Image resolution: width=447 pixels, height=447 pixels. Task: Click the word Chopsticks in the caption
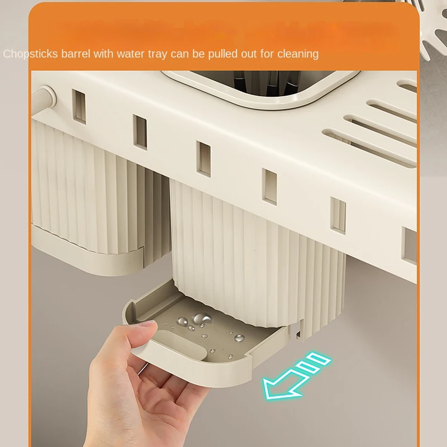[x=31, y=54]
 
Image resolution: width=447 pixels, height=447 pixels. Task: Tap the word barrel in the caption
[x=76, y=54]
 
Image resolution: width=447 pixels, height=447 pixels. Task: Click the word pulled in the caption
[x=223, y=54]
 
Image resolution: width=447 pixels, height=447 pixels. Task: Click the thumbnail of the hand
[x=148, y=324]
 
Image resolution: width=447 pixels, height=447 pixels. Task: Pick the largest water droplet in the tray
[x=202, y=318]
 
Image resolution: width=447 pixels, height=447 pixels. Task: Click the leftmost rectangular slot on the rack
[x=79, y=107]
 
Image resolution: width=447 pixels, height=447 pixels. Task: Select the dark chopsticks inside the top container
[x=262, y=81]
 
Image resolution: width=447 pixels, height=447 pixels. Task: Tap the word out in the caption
[x=249, y=54]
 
